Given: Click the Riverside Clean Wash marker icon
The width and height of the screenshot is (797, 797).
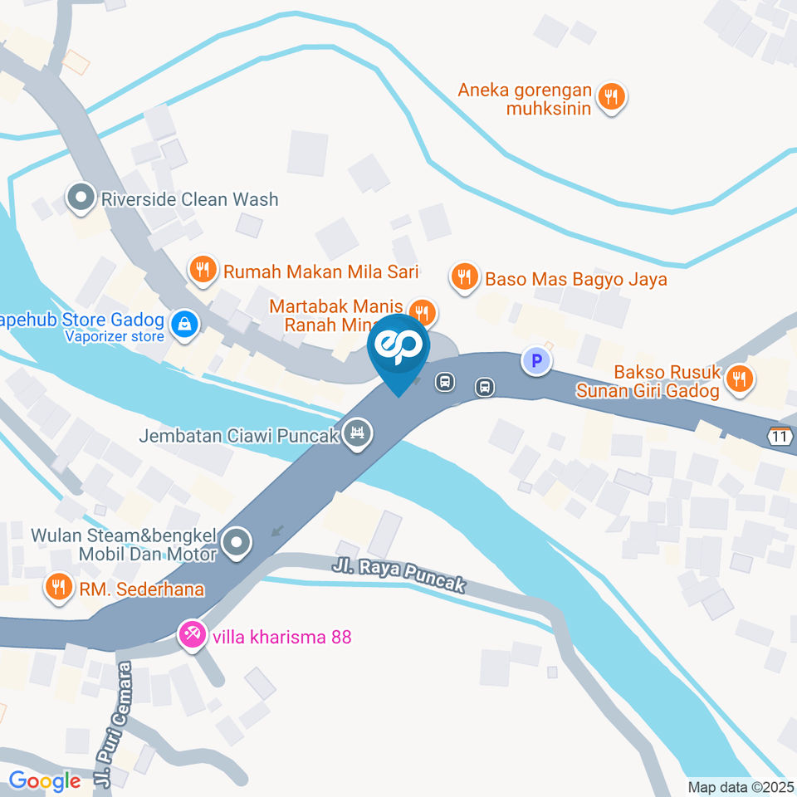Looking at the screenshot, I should coord(81,199).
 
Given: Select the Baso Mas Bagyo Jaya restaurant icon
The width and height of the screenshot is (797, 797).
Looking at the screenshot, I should coord(464,277).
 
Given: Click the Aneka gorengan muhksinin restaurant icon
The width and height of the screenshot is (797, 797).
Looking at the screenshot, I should coord(611,96).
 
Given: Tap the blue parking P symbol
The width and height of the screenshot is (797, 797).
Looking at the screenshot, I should coord(536,361).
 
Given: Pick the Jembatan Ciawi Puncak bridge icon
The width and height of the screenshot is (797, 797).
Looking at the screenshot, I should coord(359,433).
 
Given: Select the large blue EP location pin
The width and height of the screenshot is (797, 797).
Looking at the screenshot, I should coord(398,350).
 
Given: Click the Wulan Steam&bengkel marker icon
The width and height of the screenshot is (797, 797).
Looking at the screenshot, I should coord(237,544).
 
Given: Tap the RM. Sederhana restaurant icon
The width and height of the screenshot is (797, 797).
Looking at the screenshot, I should coord(57,588).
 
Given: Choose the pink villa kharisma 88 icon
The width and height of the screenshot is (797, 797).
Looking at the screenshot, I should coord(191,637).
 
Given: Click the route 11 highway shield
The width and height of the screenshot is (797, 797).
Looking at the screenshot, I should coord(778,437).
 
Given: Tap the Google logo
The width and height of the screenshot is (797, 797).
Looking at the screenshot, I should coord(45,780).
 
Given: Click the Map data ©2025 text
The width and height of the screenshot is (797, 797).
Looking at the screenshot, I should coord(741,787).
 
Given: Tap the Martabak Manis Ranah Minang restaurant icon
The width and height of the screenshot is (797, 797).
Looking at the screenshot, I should coord(423,312).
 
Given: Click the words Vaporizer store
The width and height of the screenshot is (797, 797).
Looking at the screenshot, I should coord(115,337).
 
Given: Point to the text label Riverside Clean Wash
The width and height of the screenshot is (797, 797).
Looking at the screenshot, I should coord(189,199).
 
